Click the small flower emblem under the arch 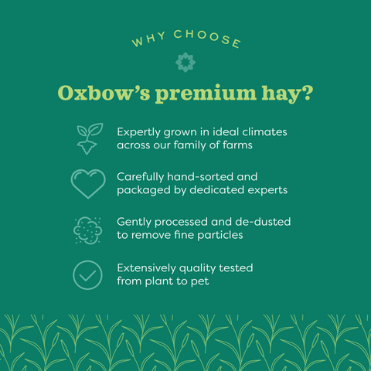click(x=185, y=61)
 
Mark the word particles click(x=223, y=235)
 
